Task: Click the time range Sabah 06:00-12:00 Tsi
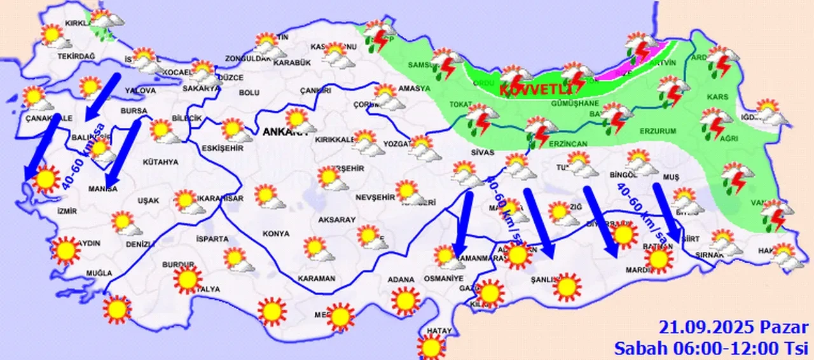click(x=710, y=348)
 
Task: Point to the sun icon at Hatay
click(x=431, y=347)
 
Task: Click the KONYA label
click(x=275, y=234)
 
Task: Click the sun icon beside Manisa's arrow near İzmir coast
click(x=45, y=179)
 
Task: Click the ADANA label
click(x=403, y=279)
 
